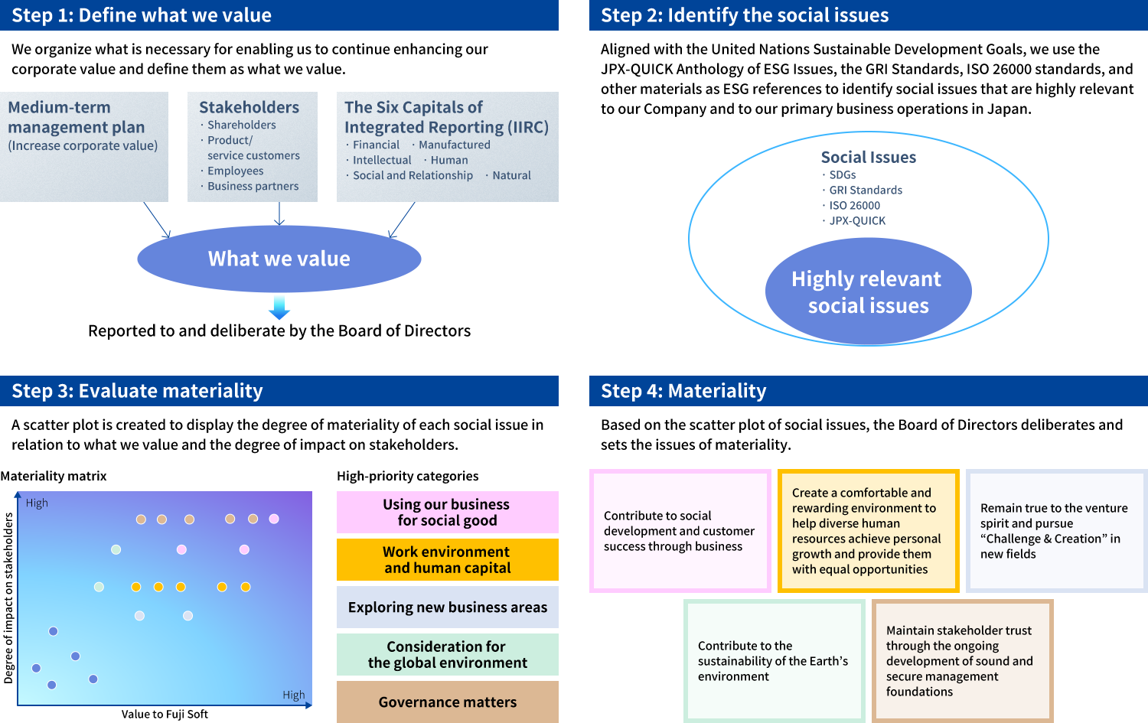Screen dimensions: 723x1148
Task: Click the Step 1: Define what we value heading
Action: [142, 15]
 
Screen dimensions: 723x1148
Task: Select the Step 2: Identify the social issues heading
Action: [745, 15]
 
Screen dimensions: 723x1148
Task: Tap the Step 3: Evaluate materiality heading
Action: [137, 391]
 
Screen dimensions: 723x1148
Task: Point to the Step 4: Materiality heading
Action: [683, 391]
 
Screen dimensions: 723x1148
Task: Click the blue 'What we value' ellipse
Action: [279, 259]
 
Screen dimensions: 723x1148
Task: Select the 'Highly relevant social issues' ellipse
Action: [868, 291]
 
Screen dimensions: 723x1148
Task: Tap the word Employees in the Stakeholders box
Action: [235, 171]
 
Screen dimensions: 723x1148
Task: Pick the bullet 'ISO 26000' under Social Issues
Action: [854, 206]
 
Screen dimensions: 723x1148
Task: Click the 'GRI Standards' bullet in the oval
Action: [865, 191]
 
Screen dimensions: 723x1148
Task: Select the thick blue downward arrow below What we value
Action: [279, 308]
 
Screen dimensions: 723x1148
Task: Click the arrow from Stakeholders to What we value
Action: [279, 213]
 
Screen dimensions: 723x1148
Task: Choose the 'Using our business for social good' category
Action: [447, 513]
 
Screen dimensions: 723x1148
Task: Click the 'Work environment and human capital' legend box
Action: [447, 560]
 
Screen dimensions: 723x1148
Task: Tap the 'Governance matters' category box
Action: [447, 702]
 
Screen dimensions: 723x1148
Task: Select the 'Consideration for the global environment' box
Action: [447, 654]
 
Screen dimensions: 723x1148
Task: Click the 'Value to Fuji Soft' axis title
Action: [165, 715]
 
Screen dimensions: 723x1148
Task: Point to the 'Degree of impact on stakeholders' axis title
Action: [9, 597]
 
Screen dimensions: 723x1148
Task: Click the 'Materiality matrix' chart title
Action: [54, 476]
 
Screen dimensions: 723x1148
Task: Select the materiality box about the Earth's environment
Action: [774, 661]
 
